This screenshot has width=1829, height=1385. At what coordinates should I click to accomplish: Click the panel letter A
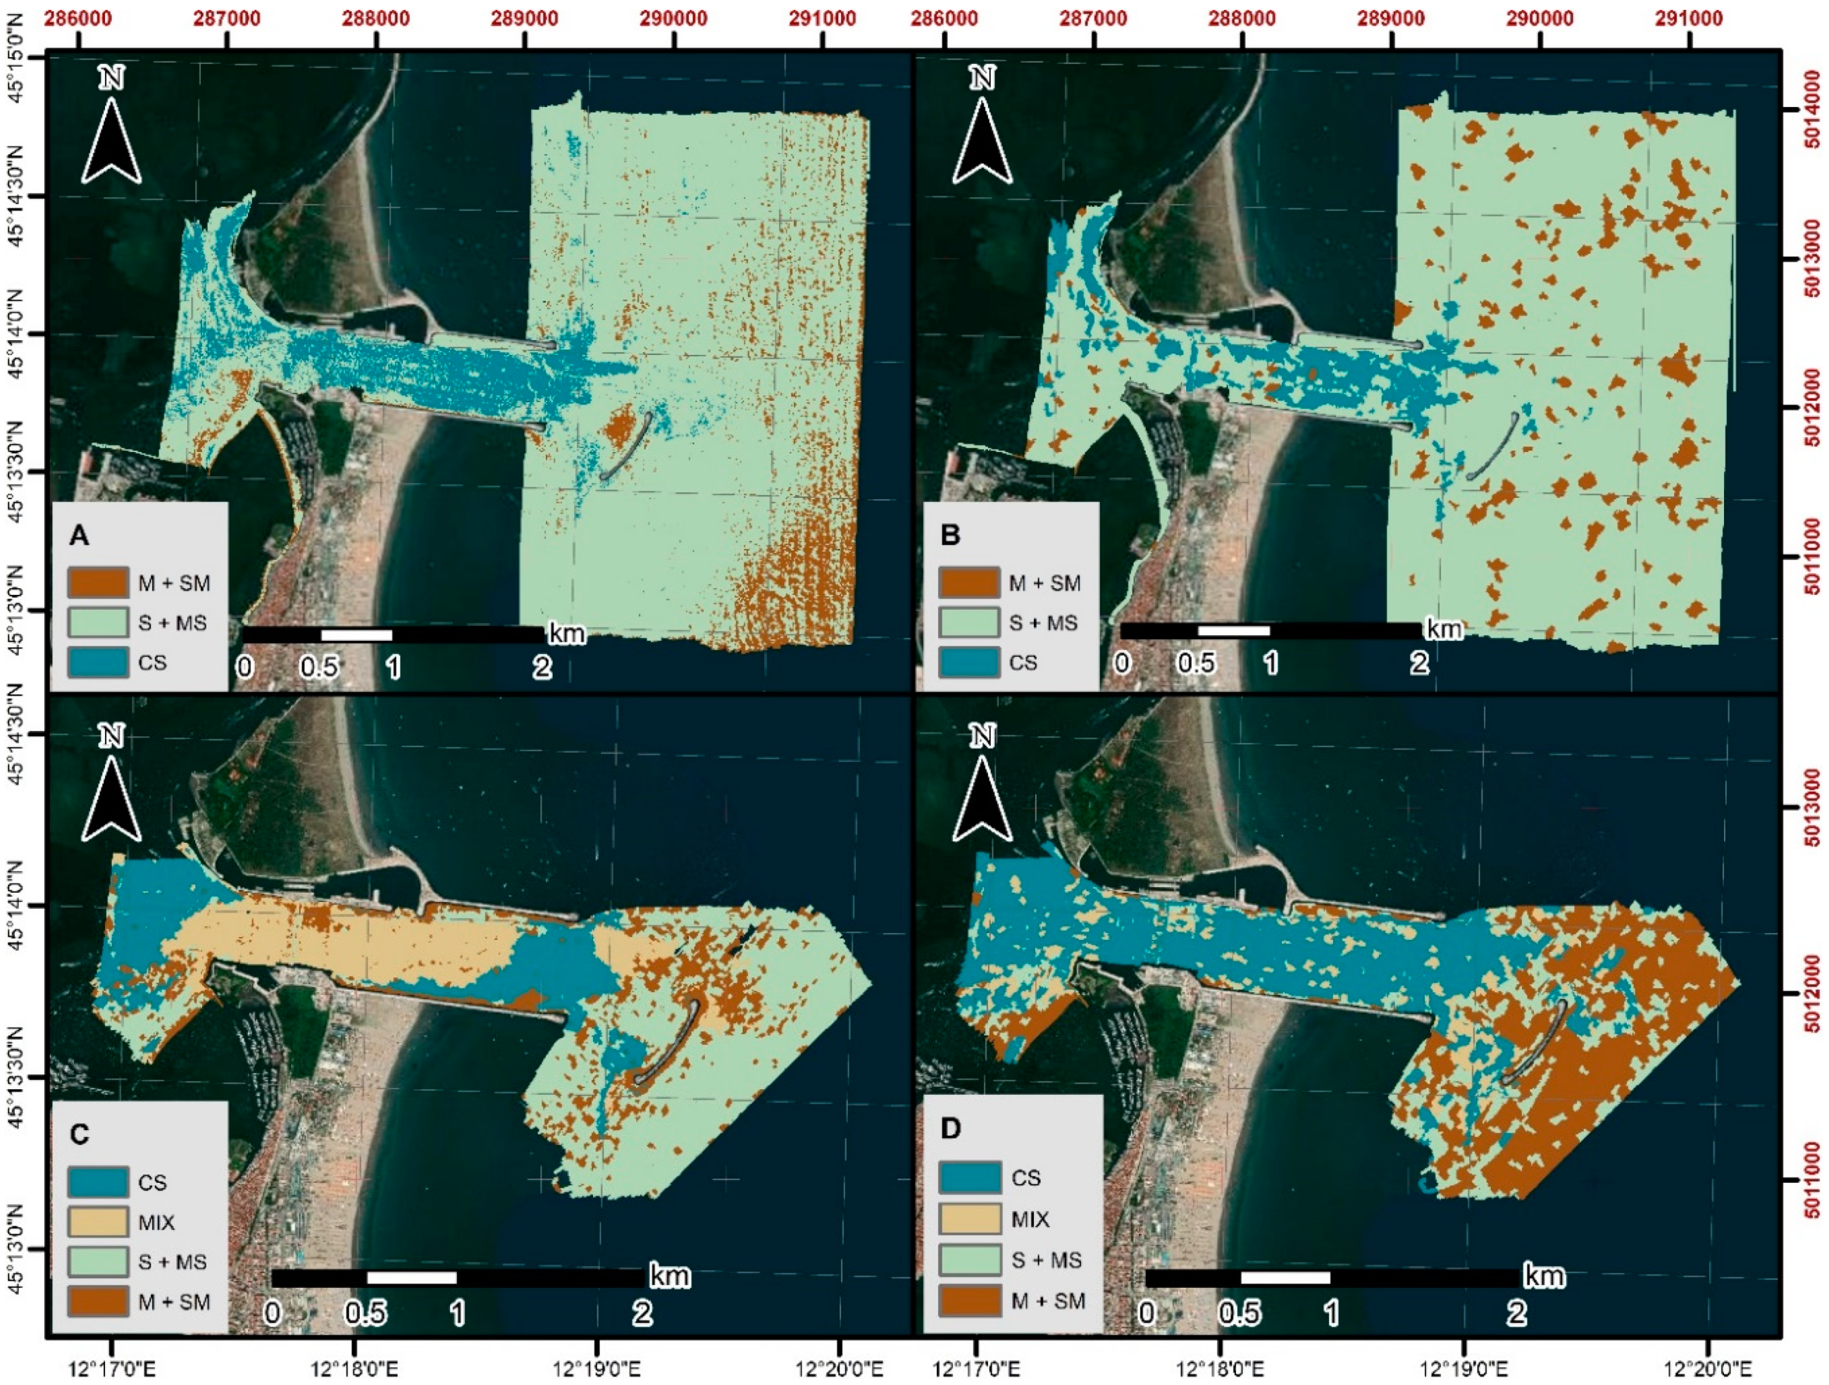pyautogui.click(x=79, y=535)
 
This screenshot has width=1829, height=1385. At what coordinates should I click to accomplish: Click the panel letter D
pyautogui.click(x=951, y=1128)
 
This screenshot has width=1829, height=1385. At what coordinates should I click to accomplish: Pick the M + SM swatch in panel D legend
pyautogui.click(x=969, y=1301)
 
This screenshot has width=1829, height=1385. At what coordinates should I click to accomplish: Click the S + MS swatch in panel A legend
pyautogui.click(x=99, y=622)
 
